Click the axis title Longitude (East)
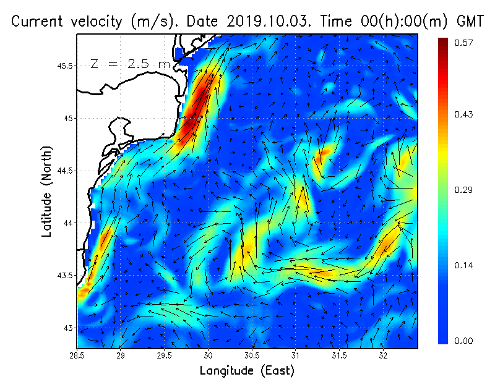(x=247, y=370)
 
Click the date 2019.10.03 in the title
(x=260, y=21)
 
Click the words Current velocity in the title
(x=68, y=21)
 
